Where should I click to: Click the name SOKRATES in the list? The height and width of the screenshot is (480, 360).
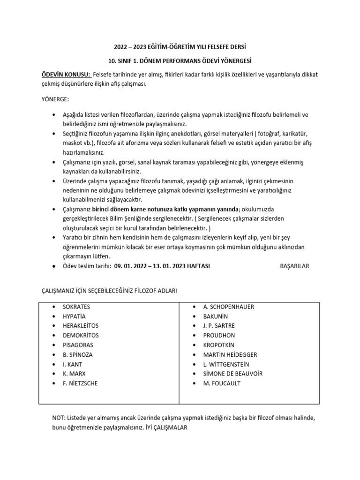pyautogui.click(x=76, y=307)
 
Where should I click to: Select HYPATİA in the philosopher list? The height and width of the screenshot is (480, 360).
pyautogui.click(x=75, y=316)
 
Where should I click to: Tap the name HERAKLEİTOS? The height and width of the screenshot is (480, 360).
pyautogui.click(x=81, y=326)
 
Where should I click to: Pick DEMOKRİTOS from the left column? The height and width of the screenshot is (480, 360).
pyautogui.click(x=80, y=336)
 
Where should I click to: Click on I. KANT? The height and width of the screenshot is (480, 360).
pyautogui.click(x=72, y=364)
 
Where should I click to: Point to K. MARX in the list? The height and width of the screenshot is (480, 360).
pyautogui.click(x=74, y=374)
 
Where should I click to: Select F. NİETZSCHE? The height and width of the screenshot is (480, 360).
pyautogui.click(x=80, y=383)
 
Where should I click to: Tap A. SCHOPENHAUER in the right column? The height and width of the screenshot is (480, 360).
pyautogui.click(x=229, y=307)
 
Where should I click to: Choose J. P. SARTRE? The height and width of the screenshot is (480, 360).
pyautogui.click(x=219, y=326)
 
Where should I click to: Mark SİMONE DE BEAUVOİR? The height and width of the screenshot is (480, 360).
pyautogui.click(x=233, y=374)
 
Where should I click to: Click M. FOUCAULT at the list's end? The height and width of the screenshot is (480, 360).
pyautogui.click(x=222, y=383)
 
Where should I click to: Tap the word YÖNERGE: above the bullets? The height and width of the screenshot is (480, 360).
pyautogui.click(x=55, y=100)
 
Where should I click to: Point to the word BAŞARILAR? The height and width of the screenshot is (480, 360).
pyautogui.click(x=294, y=266)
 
